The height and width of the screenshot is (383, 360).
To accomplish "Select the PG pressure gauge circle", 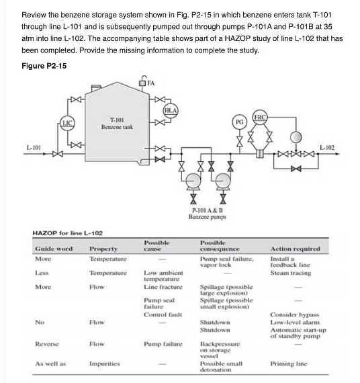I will pyautogui.click(x=238, y=123).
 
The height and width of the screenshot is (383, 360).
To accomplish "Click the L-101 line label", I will pyautogui.click(x=34, y=146).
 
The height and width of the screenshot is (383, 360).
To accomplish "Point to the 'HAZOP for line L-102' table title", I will pyautogui.click(x=68, y=232).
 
